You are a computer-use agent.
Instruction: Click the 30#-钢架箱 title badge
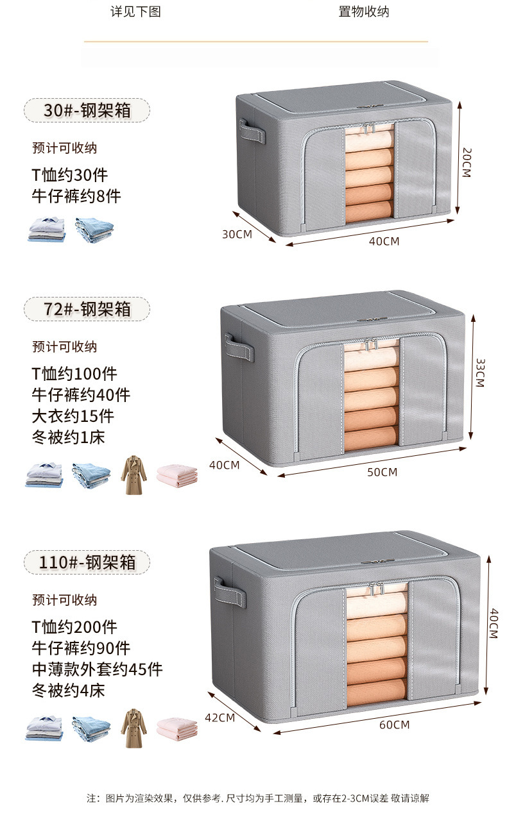click(87, 110)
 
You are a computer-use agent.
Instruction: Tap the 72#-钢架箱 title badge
click(87, 309)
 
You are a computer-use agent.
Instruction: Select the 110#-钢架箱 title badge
click(87, 562)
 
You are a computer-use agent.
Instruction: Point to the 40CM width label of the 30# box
click(384, 241)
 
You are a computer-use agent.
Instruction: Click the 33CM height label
click(479, 373)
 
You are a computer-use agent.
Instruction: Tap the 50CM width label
click(382, 473)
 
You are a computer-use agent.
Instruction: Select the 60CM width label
click(394, 725)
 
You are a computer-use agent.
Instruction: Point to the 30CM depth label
click(237, 234)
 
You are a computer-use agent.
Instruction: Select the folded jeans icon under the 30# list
click(94, 229)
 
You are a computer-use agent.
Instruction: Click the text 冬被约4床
click(68, 691)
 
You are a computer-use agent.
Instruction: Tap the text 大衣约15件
click(73, 415)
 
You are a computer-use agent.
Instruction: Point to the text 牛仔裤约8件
click(76, 196)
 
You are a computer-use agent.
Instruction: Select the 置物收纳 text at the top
click(363, 12)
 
